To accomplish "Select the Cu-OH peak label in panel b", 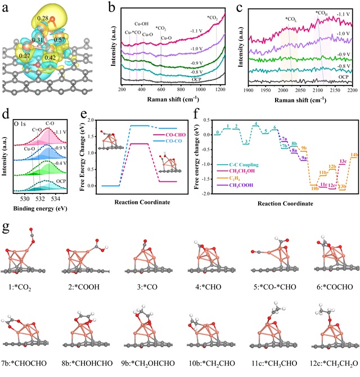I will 142,24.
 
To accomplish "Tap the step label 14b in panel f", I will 354,154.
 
